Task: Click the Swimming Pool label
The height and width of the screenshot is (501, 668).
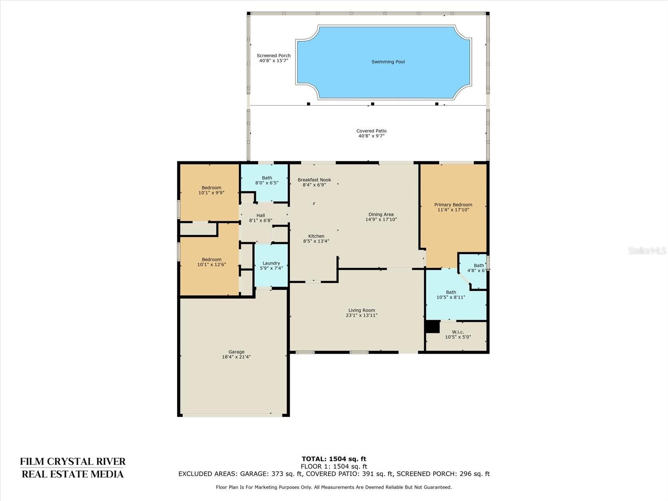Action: click(x=388, y=62)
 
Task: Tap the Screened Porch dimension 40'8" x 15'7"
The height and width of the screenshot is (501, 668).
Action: click(x=273, y=61)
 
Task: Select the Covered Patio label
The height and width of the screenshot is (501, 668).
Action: click(x=372, y=131)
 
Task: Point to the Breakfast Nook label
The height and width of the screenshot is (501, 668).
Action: click(x=314, y=180)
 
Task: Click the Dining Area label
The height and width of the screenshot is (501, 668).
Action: click(x=381, y=215)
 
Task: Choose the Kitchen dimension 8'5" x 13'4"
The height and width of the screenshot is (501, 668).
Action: click(x=316, y=241)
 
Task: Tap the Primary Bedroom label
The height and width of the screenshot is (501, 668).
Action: click(x=453, y=205)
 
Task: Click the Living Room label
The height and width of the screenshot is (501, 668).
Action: click(x=362, y=310)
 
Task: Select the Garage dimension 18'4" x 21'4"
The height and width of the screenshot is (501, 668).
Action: click(x=236, y=357)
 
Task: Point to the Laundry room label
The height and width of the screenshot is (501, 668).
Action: click(x=271, y=263)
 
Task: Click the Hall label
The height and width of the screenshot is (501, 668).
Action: click(x=261, y=215)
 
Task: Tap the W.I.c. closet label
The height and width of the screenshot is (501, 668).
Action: click(x=458, y=332)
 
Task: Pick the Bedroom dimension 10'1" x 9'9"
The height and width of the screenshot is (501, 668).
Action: click(x=212, y=192)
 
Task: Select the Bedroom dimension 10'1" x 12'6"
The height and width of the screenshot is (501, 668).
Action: click(x=212, y=264)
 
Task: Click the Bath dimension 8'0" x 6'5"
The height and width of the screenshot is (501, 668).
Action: click(x=267, y=183)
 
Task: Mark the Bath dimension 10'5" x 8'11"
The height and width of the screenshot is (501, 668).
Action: click(x=451, y=297)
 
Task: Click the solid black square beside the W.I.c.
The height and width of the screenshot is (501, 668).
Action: click(x=433, y=327)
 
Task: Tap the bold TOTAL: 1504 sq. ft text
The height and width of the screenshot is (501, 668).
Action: click(x=334, y=459)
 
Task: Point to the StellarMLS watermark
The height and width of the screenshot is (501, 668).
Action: click(x=647, y=250)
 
